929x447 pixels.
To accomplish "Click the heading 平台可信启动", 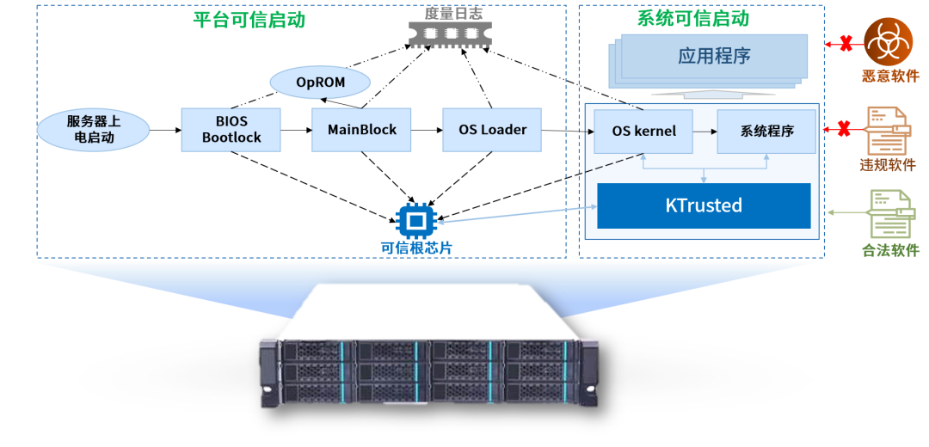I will tap(249, 20).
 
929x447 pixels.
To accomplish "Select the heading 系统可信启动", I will tap(693, 18).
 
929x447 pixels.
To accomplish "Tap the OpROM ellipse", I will tap(320, 83).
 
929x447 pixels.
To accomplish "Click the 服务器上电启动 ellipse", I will tap(93, 130).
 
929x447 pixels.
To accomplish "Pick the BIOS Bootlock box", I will tap(231, 130).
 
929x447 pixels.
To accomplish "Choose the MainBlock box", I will tap(362, 130).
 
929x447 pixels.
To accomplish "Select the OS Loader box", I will tap(492, 130).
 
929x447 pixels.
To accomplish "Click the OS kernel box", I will tap(643, 132).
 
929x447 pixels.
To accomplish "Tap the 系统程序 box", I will tap(766, 132).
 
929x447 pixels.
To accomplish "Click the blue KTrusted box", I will tap(704, 205).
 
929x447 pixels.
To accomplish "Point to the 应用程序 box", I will tap(714, 57).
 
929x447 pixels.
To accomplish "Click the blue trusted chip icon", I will tap(415, 222).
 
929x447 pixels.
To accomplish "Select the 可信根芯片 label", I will tap(416, 248).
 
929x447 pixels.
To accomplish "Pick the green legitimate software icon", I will tap(889, 214).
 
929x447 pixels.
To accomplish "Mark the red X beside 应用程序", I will tap(846, 43).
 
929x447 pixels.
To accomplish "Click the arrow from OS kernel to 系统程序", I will tap(705, 132).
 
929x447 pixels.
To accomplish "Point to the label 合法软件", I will tap(890, 251).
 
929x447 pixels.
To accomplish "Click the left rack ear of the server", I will tap(268, 374).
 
